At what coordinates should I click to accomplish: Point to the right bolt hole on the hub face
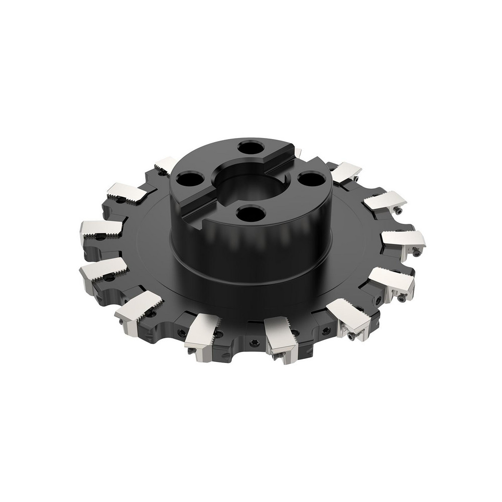(x=310, y=179)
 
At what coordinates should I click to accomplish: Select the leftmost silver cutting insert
(x=100, y=229)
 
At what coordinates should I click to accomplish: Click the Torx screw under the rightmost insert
(x=417, y=255)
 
